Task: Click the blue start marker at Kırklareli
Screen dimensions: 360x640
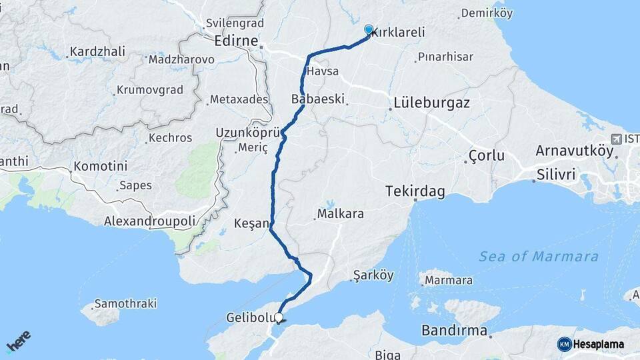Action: (369, 29)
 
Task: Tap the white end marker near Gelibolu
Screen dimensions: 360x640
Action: (279, 318)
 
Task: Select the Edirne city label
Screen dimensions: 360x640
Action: (237, 41)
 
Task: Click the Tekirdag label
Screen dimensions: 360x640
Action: (415, 191)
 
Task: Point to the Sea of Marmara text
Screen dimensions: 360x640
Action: (538, 256)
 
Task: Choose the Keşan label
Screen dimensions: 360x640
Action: (251, 223)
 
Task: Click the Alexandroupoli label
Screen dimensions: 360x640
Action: (159, 221)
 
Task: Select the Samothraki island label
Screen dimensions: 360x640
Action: (125, 303)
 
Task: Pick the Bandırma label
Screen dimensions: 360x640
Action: (454, 330)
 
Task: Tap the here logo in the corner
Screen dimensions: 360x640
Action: (18, 341)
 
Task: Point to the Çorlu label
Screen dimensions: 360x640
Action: (486, 156)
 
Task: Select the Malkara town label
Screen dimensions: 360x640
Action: (340, 214)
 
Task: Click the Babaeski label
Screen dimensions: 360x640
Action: (318, 99)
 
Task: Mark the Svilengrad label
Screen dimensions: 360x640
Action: (231, 23)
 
